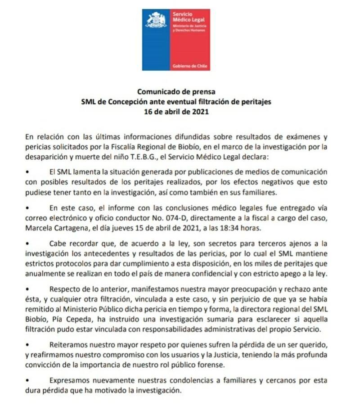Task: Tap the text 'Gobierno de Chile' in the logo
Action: click(190, 66)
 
